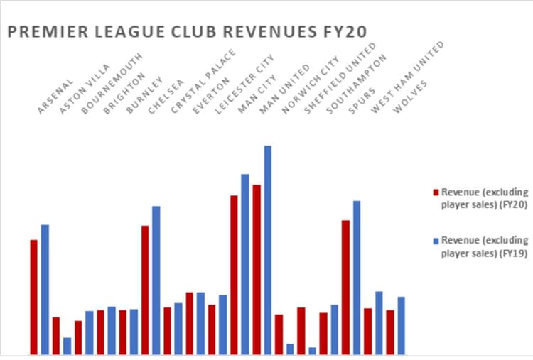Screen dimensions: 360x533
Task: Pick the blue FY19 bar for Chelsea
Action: click(x=156, y=280)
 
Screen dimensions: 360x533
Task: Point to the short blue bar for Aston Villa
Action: click(x=67, y=346)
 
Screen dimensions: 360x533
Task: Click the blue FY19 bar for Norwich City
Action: click(x=290, y=349)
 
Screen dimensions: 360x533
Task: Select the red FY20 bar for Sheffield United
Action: click(x=301, y=330)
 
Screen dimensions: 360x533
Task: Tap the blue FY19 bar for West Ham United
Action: click(x=379, y=322)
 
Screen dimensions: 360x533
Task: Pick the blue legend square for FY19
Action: click(x=436, y=241)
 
